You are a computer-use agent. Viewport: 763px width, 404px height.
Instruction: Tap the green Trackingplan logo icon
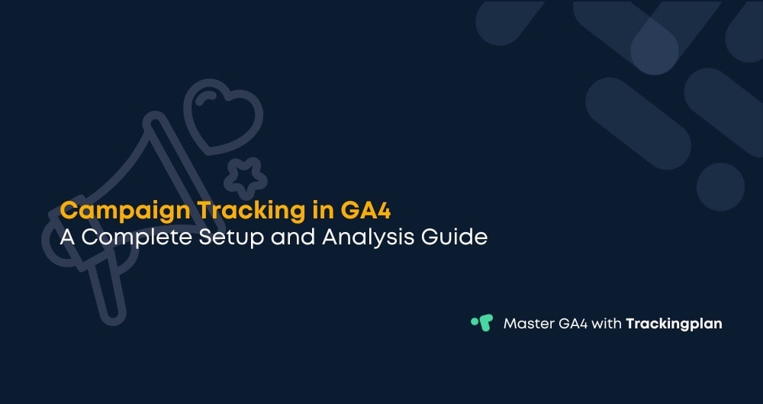pos(481,323)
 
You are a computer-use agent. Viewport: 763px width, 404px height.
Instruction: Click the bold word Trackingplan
pos(674,324)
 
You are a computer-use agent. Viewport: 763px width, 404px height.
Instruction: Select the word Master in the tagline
pos(527,324)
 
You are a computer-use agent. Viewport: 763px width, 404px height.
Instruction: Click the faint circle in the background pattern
pos(720,187)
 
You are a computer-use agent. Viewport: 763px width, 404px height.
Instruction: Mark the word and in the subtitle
pos(291,237)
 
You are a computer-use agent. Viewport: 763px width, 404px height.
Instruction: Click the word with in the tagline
pos(607,324)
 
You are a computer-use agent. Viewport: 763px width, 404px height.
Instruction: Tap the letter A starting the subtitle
pos(68,237)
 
